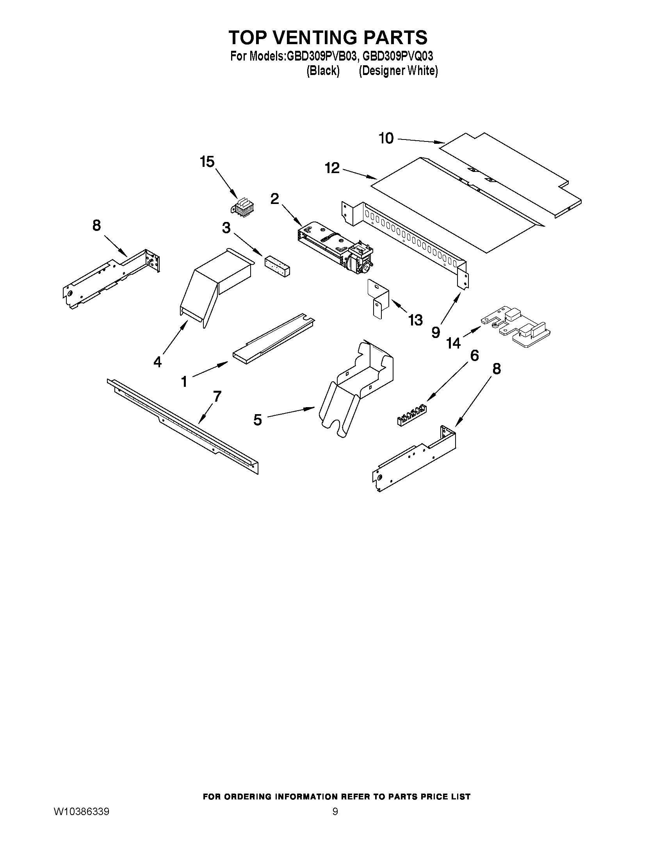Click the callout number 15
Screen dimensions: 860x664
tap(207, 161)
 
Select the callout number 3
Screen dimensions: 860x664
tap(226, 227)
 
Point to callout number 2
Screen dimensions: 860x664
tap(274, 199)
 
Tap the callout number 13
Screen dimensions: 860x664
tap(415, 320)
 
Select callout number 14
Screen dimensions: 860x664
tap(453, 343)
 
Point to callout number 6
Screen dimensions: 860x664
tap(474, 356)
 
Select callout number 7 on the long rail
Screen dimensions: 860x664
tap(217, 397)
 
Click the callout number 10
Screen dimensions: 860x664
tap(386, 138)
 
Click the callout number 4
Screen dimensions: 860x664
tap(157, 361)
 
